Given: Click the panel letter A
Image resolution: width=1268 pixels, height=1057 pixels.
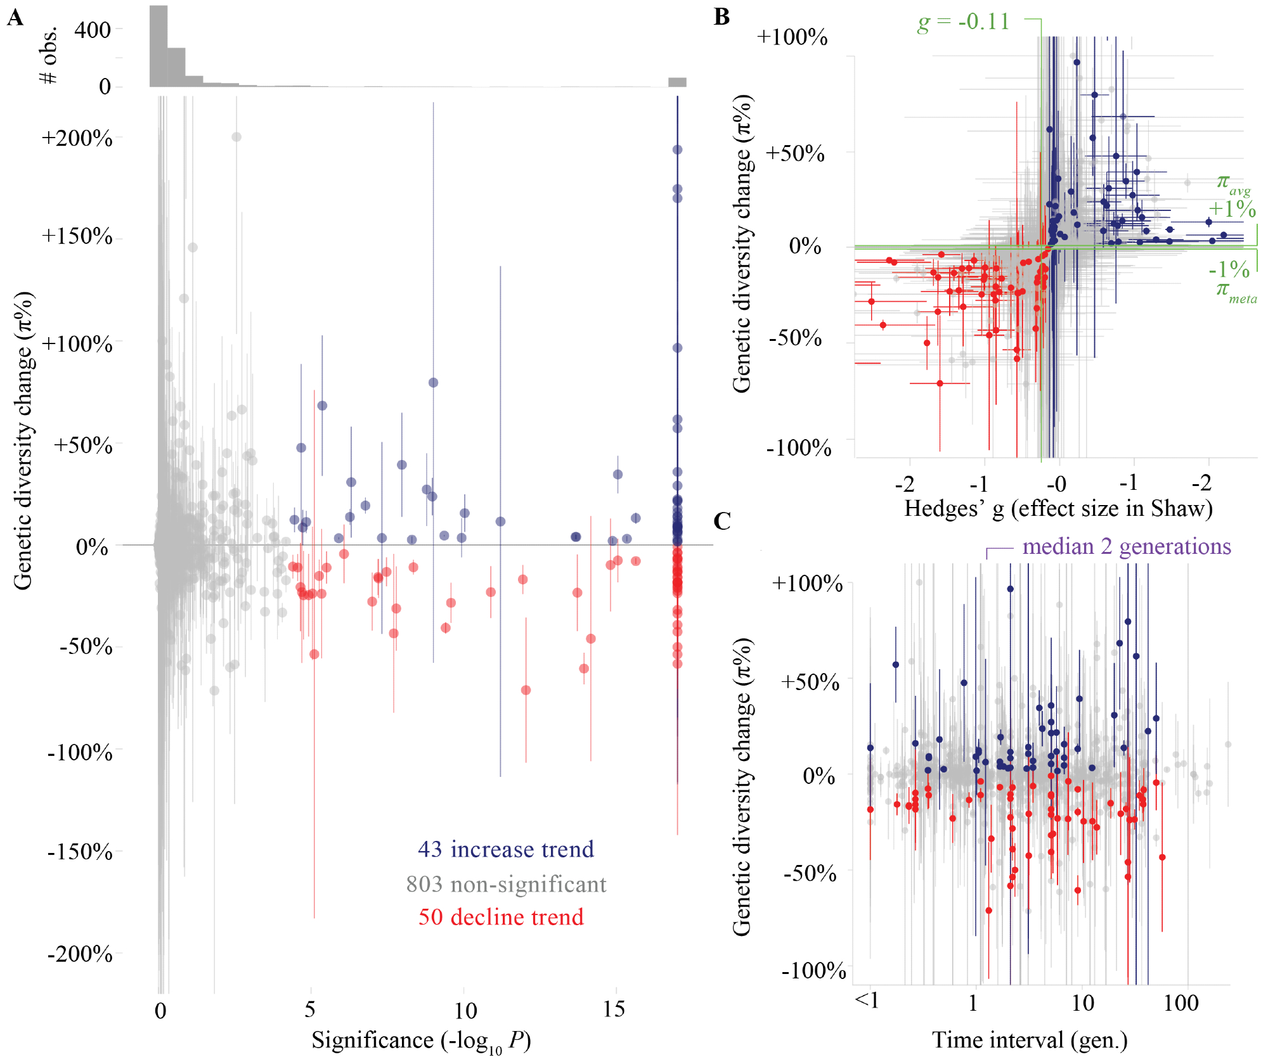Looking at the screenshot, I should (15, 18).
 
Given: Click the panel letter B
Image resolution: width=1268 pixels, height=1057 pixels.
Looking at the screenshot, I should (721, 16).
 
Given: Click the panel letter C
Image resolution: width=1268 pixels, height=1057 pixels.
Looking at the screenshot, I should (722, 521).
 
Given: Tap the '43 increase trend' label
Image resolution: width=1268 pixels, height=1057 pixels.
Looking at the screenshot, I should (506, 849).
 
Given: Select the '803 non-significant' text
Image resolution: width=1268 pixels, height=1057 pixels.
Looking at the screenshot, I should (506, 884).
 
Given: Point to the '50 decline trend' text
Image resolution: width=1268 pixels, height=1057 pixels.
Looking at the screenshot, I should (501, 917).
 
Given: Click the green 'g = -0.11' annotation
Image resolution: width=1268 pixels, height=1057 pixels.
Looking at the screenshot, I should (963, 22).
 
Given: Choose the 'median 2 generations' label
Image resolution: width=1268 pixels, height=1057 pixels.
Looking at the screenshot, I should (1126, 546).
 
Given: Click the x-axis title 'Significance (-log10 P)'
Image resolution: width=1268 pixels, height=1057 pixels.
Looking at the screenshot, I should (421, 1041).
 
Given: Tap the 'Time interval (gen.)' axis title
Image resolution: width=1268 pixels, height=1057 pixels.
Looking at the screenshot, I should (1030, 1040).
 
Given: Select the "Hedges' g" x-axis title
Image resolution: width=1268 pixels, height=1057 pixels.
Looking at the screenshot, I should (1058, 508).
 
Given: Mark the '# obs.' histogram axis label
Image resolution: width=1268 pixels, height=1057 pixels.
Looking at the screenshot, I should (48, 56).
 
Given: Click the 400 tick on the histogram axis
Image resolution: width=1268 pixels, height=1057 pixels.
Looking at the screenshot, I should (93, 30).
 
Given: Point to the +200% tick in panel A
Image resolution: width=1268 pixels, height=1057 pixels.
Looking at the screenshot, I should (77, 138).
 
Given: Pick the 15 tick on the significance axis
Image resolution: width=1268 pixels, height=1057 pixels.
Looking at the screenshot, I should (614, 1009).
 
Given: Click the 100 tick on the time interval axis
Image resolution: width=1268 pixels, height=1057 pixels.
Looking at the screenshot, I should (1181, 1003).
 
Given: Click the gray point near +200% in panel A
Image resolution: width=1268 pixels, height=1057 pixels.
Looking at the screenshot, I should (236, 137).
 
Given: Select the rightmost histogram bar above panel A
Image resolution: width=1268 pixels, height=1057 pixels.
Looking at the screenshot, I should (677, 82).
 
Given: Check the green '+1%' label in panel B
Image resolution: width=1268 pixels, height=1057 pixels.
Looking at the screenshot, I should (1231, 209).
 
